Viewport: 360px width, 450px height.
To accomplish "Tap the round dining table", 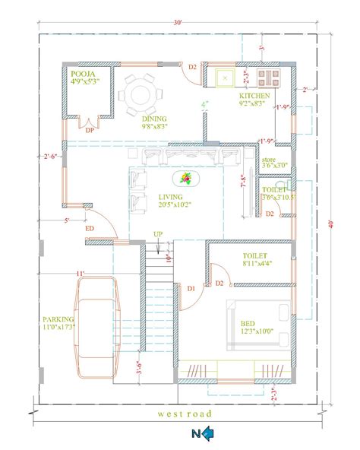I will [x=141, y=94].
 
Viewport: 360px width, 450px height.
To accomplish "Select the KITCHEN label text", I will [x=254, y=97].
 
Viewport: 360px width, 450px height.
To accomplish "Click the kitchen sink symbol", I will [x=226, y=77].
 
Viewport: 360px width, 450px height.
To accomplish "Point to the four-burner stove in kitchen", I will [x=269, y=77].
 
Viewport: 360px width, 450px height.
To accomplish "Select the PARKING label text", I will [x=58, y=320].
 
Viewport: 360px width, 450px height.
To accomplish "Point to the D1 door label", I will [x=191, y=288].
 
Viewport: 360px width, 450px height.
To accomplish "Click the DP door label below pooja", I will [x=90, y=129].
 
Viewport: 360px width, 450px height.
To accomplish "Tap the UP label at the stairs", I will [x=157, y=233].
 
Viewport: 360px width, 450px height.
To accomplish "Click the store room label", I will [x=270, y=161].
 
